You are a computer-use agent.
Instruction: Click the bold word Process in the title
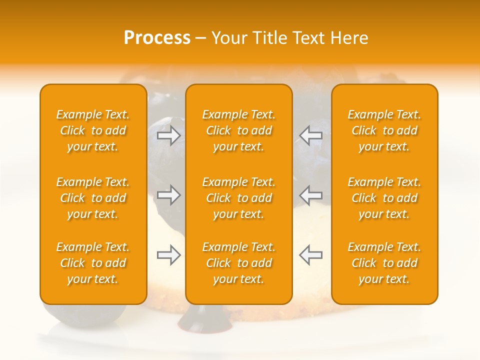point(157,38)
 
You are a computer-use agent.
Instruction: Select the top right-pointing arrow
point(168,135)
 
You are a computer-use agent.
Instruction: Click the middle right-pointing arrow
point(168,195)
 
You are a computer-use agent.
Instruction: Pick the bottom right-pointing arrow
point(168,255)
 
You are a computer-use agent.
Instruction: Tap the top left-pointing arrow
point(310,135)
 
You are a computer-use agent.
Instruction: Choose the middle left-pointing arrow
point(310,195)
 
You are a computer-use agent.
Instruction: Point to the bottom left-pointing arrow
point(310,255)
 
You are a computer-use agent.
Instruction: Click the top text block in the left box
point(93,130)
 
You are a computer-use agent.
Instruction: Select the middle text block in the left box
point(93,198)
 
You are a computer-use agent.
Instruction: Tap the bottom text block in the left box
point(93,263)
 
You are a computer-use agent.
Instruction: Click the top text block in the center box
point(239,130)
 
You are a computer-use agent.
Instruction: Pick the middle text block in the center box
point(239,198)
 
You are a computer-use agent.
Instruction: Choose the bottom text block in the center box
point(239,263)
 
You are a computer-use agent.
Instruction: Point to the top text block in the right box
point(384,130)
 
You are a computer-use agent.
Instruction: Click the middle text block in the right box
point(384,198)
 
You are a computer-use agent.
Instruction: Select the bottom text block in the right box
point(384,263)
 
